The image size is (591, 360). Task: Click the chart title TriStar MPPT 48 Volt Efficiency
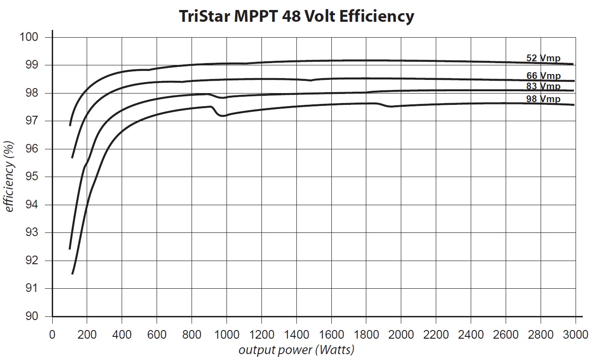coord(295,16)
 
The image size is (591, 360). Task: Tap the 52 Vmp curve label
coord(543,58)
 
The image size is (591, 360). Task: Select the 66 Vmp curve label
coord(543,76)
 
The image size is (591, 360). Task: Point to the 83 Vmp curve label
coord(543,86)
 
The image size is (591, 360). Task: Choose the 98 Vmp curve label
coord(543,99)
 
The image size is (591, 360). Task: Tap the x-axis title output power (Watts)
coord(296,350)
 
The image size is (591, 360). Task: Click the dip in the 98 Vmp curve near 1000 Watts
coord(222,116)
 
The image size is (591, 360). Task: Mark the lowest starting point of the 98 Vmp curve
coord(72,274)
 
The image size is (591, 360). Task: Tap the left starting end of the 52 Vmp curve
coord(70,125)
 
